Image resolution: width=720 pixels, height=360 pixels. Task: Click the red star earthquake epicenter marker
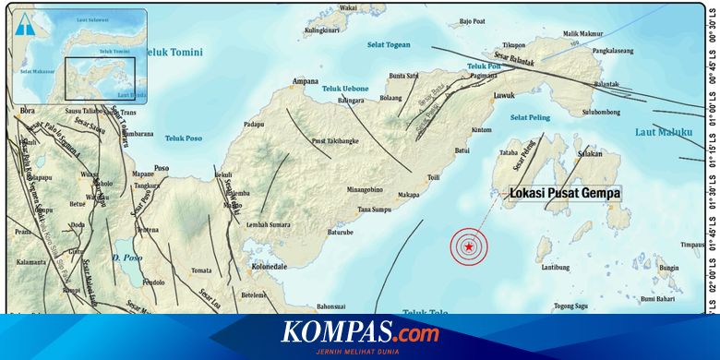pyautogui.click(x=470, y=247)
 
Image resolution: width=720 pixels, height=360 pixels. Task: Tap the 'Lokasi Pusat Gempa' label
pyautogui.click(x=565, y=194)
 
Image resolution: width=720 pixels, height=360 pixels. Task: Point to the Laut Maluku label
pyautogui.click(x=663, y=132)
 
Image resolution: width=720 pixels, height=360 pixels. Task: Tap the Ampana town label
pyautogui.click(x=306, y=81)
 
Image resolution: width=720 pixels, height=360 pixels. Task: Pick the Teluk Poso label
pyautogui.click(x=183, y=138)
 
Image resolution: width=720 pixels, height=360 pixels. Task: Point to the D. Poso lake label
pyautogui.click(x=124, y=257)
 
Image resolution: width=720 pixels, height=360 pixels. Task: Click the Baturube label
pyautogui.click(x=338, y=233)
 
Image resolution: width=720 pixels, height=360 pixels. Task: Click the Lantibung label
pyautogui.click(x=555, y=268)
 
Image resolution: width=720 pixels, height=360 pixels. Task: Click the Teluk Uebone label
pyautogui.click(x=345, y=89)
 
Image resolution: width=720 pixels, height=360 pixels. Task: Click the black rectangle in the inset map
pyautogui.click(x=100, y=78)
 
